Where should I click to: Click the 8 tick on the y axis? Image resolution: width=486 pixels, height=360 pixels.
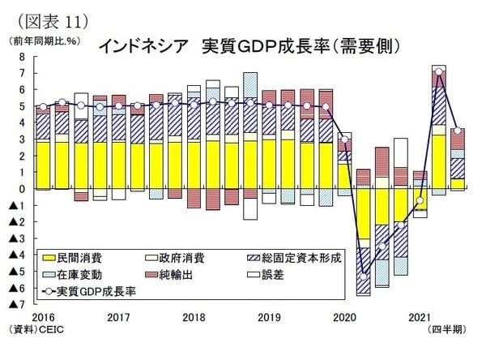(22, 57)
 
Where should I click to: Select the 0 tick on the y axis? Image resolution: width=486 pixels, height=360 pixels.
(22, 190)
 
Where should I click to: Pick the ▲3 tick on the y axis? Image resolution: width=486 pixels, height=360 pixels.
(19, 239)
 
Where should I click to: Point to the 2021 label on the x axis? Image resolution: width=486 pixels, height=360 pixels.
(419, 317)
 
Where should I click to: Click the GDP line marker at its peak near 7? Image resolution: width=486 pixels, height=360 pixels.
(438, 71)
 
